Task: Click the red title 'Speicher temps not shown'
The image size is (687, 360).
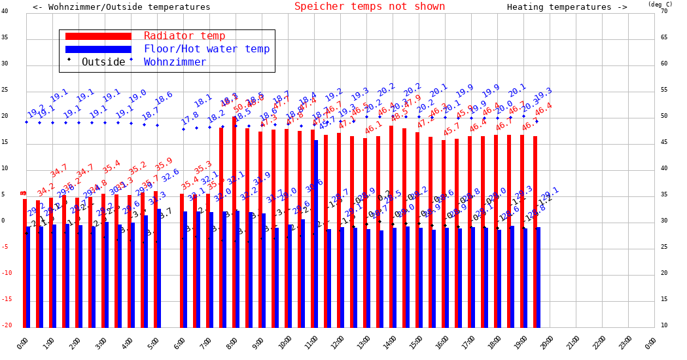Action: click(x=369, y=7)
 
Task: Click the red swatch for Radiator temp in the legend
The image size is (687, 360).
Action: click(x=98, y=37)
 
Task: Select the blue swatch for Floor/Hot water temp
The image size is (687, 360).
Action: click(x=98, y=49)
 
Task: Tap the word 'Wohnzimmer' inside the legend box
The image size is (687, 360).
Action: click(x=175, y=62)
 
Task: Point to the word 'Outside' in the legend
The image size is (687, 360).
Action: click(x=103, y=62)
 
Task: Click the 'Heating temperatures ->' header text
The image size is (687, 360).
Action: click(x=567, y=7)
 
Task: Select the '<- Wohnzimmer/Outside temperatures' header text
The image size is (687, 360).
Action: click(x=122, y=7)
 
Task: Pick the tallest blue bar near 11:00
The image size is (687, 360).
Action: click(x=316, y=234)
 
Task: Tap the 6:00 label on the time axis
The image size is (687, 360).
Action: click(x=179, y=342)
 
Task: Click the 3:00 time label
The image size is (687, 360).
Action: click(x=101, y=342)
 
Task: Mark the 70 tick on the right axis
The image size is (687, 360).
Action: click(x=664, y=11)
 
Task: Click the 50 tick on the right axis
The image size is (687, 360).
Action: click(x=664, y=116)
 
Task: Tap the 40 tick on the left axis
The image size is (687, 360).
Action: click(x=5, y=11)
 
